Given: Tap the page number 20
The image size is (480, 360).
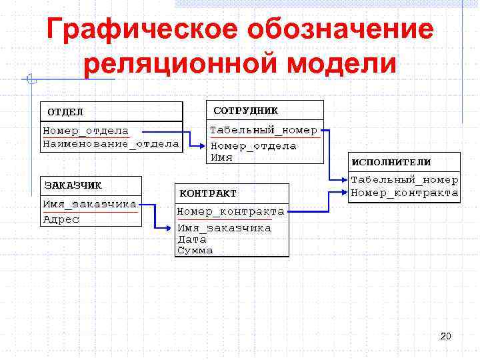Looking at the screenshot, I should click(x=445, y=336).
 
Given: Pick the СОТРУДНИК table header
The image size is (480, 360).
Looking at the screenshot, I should click(x=245, y=110).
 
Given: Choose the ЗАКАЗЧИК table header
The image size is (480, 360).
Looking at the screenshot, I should click(x=73, y=185).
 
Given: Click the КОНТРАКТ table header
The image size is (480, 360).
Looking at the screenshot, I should click(x=207, y=193).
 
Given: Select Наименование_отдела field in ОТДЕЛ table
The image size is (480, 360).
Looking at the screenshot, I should click(x=111, y=143).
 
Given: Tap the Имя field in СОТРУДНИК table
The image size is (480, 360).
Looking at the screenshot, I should click(x=221, y=157).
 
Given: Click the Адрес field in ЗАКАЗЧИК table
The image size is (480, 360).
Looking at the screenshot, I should click(x=61, y=219).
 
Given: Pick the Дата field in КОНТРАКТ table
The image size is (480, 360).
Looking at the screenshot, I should click(x=192, y=239).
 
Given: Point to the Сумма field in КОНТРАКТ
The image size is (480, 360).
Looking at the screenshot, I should click(x=195, y=251).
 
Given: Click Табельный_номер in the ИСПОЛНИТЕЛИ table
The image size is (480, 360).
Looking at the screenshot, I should click(x=404, y=180).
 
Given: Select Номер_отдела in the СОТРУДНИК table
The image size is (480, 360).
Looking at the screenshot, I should click(x=253, y=146).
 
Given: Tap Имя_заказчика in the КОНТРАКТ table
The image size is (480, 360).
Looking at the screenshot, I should click(x=224, y=228).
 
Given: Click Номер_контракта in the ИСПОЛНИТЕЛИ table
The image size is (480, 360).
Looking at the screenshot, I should click(x=404, y=193).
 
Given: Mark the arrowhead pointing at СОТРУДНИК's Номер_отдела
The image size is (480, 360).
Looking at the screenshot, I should click(x=204, y=146).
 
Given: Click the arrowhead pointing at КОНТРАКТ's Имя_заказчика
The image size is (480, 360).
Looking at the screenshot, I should click(x=171, y=228).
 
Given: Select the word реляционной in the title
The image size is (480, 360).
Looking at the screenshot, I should click(x=167, y=65).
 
